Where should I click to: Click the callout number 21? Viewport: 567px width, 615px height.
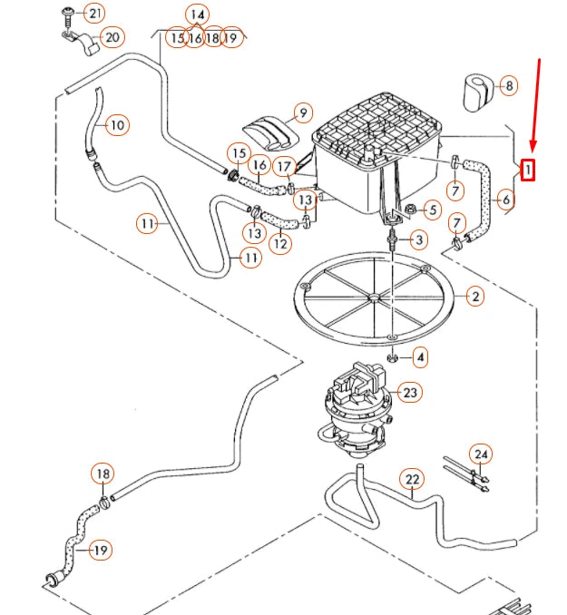coord(94,13)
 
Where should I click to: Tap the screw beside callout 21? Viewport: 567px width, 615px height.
coord(68,13)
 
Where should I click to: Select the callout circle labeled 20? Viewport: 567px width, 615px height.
coord(112,37)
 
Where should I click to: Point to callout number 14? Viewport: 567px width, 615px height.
coord(197,14)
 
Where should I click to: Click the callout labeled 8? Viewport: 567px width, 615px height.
coord(510,86)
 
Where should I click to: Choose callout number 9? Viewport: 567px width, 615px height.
coord(303,113)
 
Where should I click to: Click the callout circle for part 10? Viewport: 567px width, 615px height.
coord(116,124)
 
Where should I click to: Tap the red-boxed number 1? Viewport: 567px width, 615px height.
coord(527,169)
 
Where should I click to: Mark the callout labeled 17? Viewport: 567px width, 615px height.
coord(284,167)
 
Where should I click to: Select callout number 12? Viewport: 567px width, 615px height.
coord(280,242)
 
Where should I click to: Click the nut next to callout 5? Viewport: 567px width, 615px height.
coord(409,210)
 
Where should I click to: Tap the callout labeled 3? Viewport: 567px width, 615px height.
coord(418,239)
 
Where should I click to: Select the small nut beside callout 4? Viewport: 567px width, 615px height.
coord(392,357)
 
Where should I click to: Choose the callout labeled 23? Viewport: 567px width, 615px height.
coord(411,393)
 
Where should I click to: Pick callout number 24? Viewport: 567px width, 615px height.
coord(481,454)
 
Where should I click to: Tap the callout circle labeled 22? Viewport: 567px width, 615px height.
coord(413,479)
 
